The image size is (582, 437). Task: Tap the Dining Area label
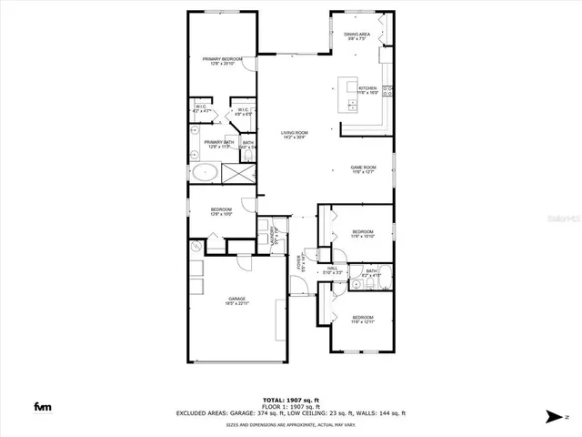pos(356,36)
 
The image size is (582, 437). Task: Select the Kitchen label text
pos(366,90)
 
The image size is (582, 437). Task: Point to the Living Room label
pos(294,135)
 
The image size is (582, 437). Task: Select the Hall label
pos(333,270)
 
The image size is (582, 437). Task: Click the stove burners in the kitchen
pos(390,89)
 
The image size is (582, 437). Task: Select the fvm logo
pos(43,407)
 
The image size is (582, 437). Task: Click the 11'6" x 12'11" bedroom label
pos(363,319)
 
